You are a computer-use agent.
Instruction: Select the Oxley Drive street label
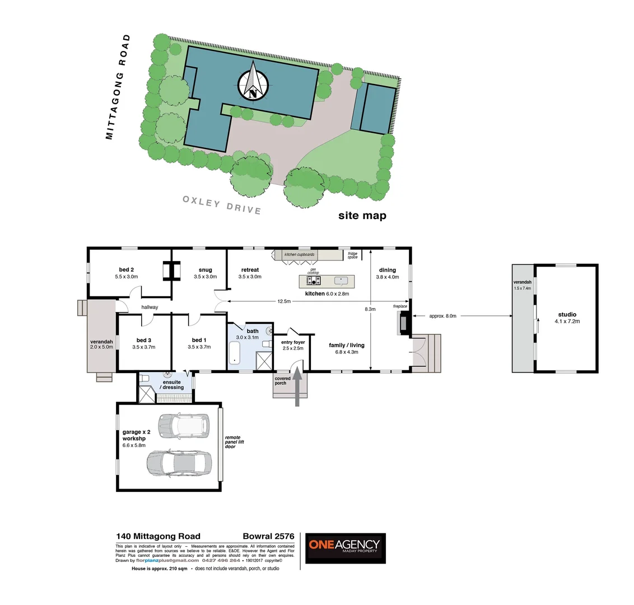tap(222, 206)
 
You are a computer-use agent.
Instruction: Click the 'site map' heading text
tap(362, 216)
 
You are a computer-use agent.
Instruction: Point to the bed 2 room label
tap(126, 273)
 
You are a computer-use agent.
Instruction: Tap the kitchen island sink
tap(340, 280)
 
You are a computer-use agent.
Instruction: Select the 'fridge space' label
tap(352, 255)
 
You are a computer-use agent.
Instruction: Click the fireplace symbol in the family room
tap(403, 323)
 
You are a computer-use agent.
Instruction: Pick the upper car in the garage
tap(183, 425)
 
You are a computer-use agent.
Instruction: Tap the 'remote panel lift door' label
tap(234, 442)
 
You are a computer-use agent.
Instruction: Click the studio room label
tap(567, 318)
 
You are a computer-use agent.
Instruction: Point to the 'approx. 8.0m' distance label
tap(442, 316)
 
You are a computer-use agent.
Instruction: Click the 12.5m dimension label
tap(284, 301)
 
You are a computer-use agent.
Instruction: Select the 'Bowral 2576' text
tap(268, 537)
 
